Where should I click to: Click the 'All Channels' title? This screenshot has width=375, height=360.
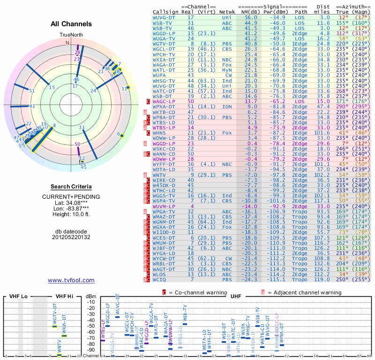[x=71, y=24]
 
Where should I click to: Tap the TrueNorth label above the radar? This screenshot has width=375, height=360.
[x=71, y=35]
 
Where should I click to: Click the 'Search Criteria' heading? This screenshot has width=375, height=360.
[x=71, y=187]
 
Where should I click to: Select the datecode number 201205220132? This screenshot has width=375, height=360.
[x=71, y=237]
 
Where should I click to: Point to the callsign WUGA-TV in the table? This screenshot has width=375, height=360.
[x=164, y=39]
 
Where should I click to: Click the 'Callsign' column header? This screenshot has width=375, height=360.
[x=166, y=12]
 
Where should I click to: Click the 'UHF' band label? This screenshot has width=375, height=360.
[x=236, y=297]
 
